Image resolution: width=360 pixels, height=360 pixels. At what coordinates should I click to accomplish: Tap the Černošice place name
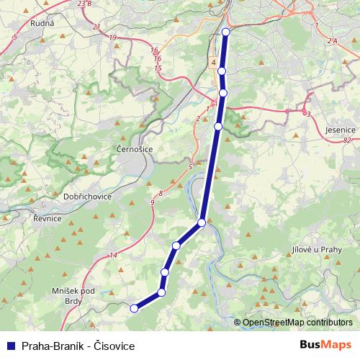coord(133,148)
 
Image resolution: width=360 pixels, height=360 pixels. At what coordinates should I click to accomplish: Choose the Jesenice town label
coord(340,130)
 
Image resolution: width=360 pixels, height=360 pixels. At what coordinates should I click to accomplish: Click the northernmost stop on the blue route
coord(226,32)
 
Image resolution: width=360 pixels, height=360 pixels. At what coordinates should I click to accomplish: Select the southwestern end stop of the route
coord(133,309)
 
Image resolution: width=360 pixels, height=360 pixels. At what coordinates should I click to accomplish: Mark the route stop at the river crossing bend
coord(202,222)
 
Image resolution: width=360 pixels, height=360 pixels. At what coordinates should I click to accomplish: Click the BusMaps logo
coord(325,346)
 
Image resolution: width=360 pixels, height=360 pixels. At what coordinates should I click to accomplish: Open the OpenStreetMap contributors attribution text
coord(297,323)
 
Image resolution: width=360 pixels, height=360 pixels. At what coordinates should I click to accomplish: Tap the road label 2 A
coord(331,42)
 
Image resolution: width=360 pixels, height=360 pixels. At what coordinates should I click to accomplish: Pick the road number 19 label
coord(112,37)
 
